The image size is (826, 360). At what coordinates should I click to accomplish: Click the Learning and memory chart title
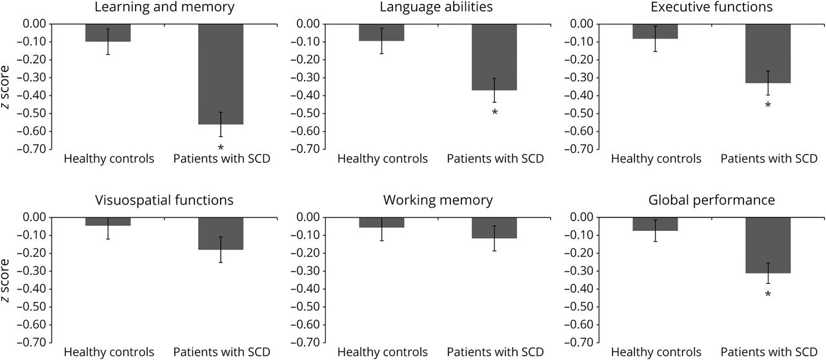(x=164, y=8)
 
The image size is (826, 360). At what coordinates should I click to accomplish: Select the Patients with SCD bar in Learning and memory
(x=220, y=74)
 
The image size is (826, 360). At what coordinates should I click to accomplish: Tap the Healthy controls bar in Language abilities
(x=381, y=32)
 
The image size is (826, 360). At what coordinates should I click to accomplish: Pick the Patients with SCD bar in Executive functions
(x=767, y=54)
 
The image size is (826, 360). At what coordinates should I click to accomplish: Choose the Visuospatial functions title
(x=164, y=201)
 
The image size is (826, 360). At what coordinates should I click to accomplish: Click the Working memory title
(x=438, y=201)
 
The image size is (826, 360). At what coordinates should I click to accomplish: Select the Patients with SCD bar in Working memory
(x=494, y=228)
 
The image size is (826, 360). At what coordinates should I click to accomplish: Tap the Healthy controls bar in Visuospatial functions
(x=108, y=221)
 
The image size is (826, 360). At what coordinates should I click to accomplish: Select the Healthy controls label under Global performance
(x=655, y=352)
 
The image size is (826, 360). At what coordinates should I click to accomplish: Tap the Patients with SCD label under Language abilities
(x=494, y=159)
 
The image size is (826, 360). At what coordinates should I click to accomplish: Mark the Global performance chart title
(x=712, y=201)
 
